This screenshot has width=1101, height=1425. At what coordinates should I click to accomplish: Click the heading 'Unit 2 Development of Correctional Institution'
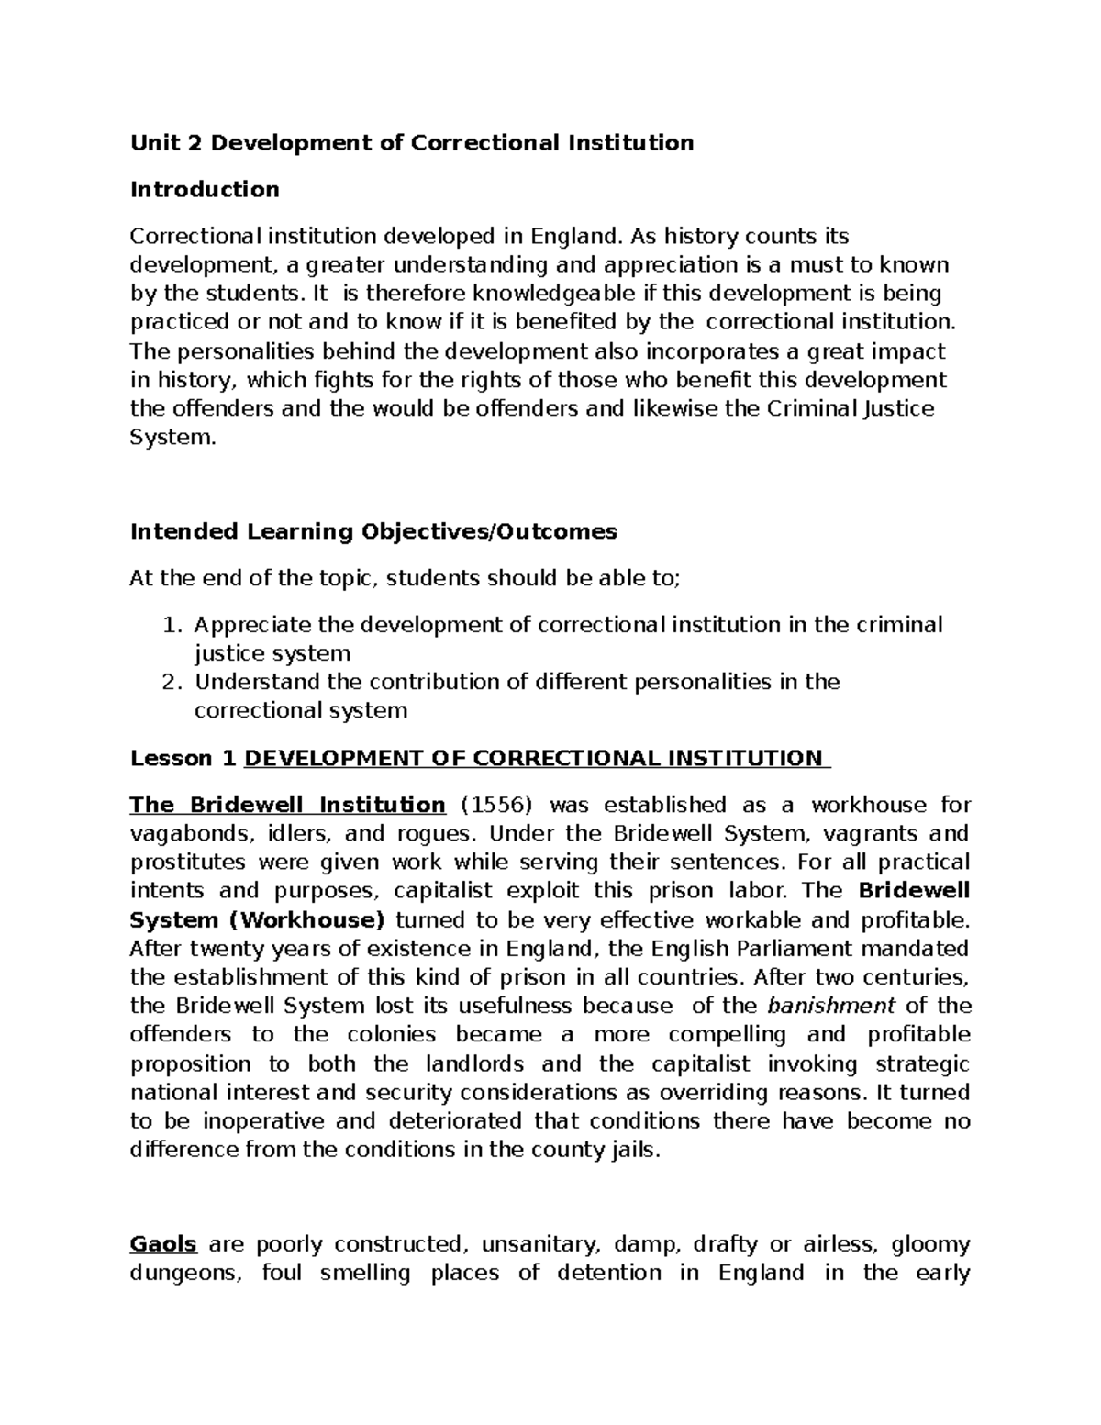pos(411,142)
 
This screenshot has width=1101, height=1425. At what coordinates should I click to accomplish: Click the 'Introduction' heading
pos(205,189)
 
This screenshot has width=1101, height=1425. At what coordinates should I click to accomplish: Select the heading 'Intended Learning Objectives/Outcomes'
pos(373,531)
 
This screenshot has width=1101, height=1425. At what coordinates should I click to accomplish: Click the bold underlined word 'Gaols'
pos(163,1244)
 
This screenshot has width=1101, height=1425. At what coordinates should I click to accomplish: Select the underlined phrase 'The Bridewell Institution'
pos(287,805)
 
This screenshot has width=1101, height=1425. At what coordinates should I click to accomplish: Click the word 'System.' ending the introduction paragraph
pos(173,438)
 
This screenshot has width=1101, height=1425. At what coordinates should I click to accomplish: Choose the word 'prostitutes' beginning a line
pos(188,863)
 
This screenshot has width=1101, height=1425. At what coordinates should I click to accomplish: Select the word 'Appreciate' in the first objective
pos(252,625)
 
